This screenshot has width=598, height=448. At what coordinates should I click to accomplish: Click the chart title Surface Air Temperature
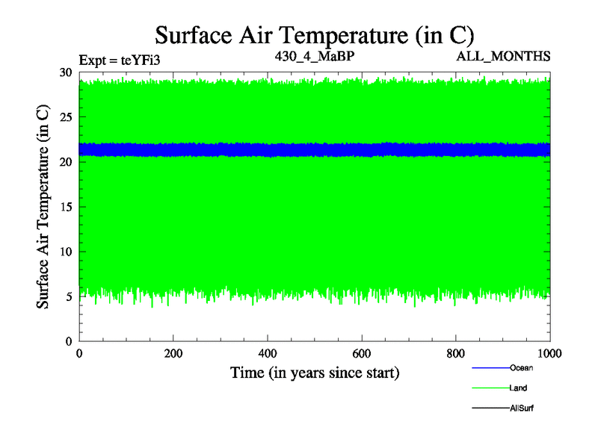[314, 35]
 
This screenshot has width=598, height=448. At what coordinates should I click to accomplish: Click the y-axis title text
[44, 207]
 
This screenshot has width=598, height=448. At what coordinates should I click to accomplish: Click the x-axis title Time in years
[314, 373]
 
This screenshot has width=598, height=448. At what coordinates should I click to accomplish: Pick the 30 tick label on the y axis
[66, 72]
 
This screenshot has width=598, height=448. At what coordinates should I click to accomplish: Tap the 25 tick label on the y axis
[66, 117]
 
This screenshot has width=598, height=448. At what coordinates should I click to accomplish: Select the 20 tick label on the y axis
[66, 162]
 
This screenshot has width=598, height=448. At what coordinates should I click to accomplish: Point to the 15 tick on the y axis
[66, 207]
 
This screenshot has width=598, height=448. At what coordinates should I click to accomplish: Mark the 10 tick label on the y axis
[66, 252]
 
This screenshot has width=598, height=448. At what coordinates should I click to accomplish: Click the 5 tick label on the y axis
[69, 296]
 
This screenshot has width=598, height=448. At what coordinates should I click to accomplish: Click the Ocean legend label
[522, 368]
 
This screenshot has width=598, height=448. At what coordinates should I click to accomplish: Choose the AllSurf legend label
[522, 408]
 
